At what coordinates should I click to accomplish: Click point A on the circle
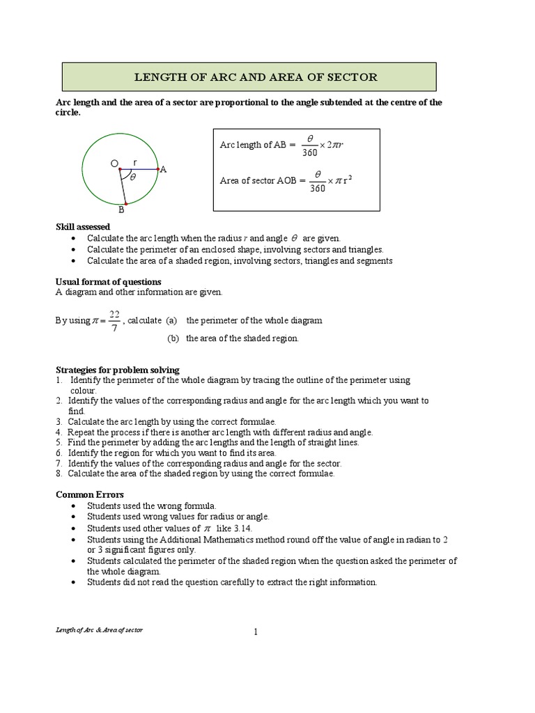coord(163,169)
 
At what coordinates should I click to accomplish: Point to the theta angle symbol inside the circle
coord(132,178)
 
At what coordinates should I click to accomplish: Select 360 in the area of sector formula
coord(318,187)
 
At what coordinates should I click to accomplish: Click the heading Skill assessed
coord(82,227)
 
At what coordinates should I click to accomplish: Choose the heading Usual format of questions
coord(108,281)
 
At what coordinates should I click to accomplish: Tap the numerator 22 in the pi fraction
coord(114,313)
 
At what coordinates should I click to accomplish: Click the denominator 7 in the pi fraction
coord(114,328)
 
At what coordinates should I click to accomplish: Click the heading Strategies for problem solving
coord(117,370)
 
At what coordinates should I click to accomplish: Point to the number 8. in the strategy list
coord(59,473)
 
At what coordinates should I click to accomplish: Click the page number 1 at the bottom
coord(256,632)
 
